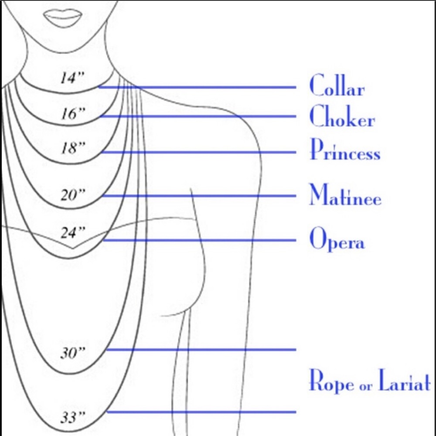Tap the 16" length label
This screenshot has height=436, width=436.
[72, 114]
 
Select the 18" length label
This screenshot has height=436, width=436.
[72, 148]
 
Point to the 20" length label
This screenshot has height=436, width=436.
[72, 195]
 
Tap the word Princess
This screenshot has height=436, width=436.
[344, 150]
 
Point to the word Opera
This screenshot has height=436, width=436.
[336, 239]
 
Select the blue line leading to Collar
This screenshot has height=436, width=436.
[196, 87]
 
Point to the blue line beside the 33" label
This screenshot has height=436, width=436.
[201, 412]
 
